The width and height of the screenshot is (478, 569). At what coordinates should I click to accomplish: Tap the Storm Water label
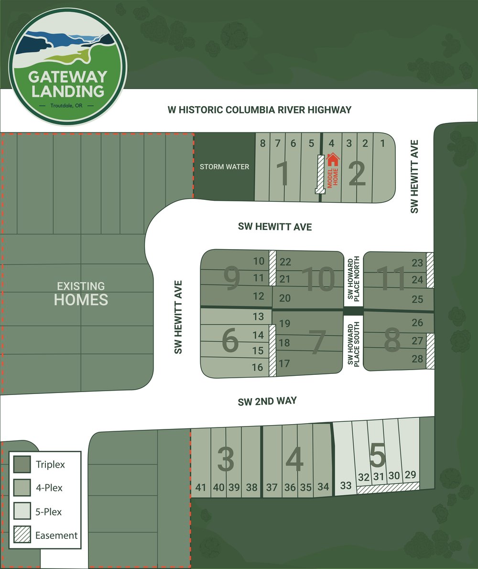(x=225, y=167)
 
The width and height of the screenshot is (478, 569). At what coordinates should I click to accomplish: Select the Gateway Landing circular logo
(x=67, y=66)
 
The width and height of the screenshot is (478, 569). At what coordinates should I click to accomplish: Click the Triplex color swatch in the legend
(x=22, y=464)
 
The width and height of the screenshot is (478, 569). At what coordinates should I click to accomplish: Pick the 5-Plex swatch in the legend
(x=22, y=512)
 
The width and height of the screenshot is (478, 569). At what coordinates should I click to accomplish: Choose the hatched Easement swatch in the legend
(x=22, y=536)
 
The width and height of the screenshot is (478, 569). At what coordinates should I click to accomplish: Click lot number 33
(x=346, y=486)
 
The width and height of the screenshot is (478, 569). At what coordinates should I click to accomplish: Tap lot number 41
(x=201, y=488)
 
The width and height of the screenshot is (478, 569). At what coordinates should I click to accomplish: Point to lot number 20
(x=285, y=298)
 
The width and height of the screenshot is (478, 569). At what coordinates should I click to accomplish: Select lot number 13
(x=258, y=317)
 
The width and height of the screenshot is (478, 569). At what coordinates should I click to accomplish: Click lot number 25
(x=417, y=300)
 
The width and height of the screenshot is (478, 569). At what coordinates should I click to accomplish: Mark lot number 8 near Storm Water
(x=262, y=143)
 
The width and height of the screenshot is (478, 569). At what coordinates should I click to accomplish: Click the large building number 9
(x=231, y=279)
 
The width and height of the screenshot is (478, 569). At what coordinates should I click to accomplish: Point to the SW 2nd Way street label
(x=267, y=402)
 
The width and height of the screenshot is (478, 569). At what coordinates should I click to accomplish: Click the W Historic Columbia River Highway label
(x=260, y=110)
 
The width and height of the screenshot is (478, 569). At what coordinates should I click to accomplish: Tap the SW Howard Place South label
(x=353, y=345)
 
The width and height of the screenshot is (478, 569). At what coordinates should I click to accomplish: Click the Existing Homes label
(x=81, y=294)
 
